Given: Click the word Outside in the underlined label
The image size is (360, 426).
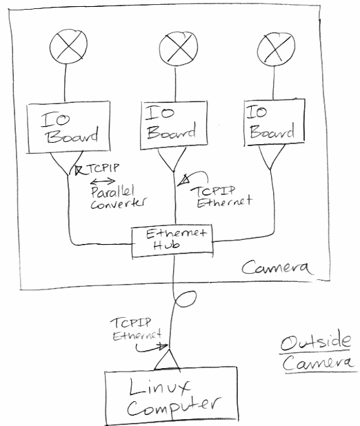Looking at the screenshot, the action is click(315, 342).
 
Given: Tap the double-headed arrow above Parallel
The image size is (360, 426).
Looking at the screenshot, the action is click(103, 181).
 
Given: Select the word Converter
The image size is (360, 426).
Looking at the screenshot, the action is click(118, 203).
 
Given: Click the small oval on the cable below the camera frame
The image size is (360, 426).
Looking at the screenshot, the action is click(186, 299).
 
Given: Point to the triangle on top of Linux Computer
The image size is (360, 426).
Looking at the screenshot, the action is click(167, 359).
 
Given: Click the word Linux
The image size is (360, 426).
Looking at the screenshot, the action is click(159, 386).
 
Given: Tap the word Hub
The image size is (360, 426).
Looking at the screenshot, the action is click(166, 245).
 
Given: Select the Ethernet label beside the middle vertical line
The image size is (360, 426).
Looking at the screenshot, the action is click(225, 202).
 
